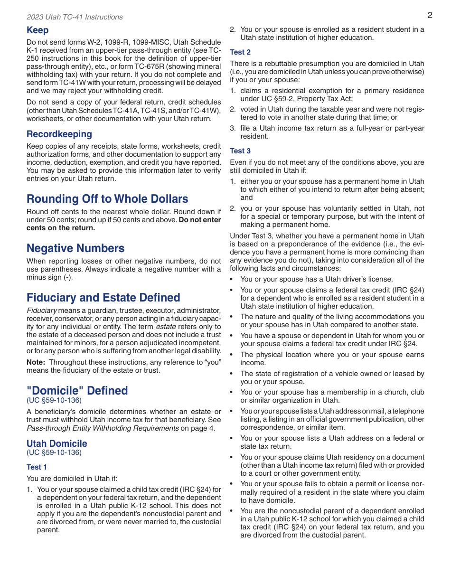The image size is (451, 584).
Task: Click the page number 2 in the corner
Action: coord(430,15)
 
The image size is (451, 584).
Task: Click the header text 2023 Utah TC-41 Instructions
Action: coord(75,17)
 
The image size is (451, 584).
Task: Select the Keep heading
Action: coord(38,30)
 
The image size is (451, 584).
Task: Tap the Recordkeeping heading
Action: coord(59,134)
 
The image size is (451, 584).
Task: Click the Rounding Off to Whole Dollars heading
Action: coord(107,199)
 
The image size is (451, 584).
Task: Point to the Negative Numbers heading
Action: coord(75,248)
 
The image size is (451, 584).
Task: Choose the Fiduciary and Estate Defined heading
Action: coord(103,298)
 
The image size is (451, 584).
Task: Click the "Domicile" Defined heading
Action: coord(77,391)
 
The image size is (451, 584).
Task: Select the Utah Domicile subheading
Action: coord(57,444)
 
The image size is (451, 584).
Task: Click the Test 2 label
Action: coord(240,52)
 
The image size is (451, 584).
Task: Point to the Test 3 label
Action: coord(240,151)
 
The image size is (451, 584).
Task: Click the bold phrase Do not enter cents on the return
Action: coord(123,224)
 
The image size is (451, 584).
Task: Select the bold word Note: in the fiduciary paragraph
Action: coord(36,362)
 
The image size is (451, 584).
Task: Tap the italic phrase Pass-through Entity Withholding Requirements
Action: coord(102,428)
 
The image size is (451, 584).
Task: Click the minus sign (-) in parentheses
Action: coord(68,277)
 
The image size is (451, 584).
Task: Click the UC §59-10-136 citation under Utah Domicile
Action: coord(54,452)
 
